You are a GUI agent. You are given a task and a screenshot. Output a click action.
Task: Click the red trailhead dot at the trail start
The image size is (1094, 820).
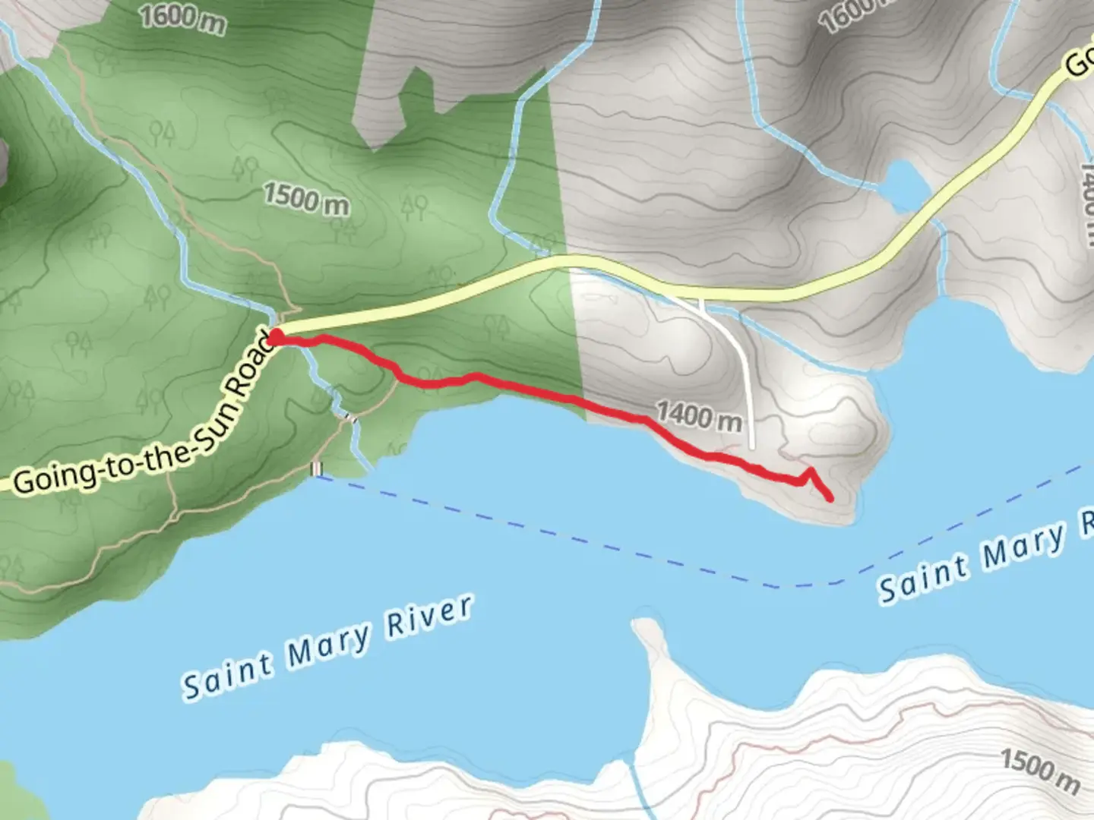pos(277,336)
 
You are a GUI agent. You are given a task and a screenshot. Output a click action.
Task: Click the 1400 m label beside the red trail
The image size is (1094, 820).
pos(698,416)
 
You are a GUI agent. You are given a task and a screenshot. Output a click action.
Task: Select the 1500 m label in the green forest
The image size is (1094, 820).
pos(306,198)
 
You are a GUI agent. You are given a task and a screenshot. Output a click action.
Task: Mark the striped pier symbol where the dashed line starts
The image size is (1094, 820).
pos(316,469)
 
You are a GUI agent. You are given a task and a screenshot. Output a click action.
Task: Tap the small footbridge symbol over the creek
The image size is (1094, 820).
pos(349,416)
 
